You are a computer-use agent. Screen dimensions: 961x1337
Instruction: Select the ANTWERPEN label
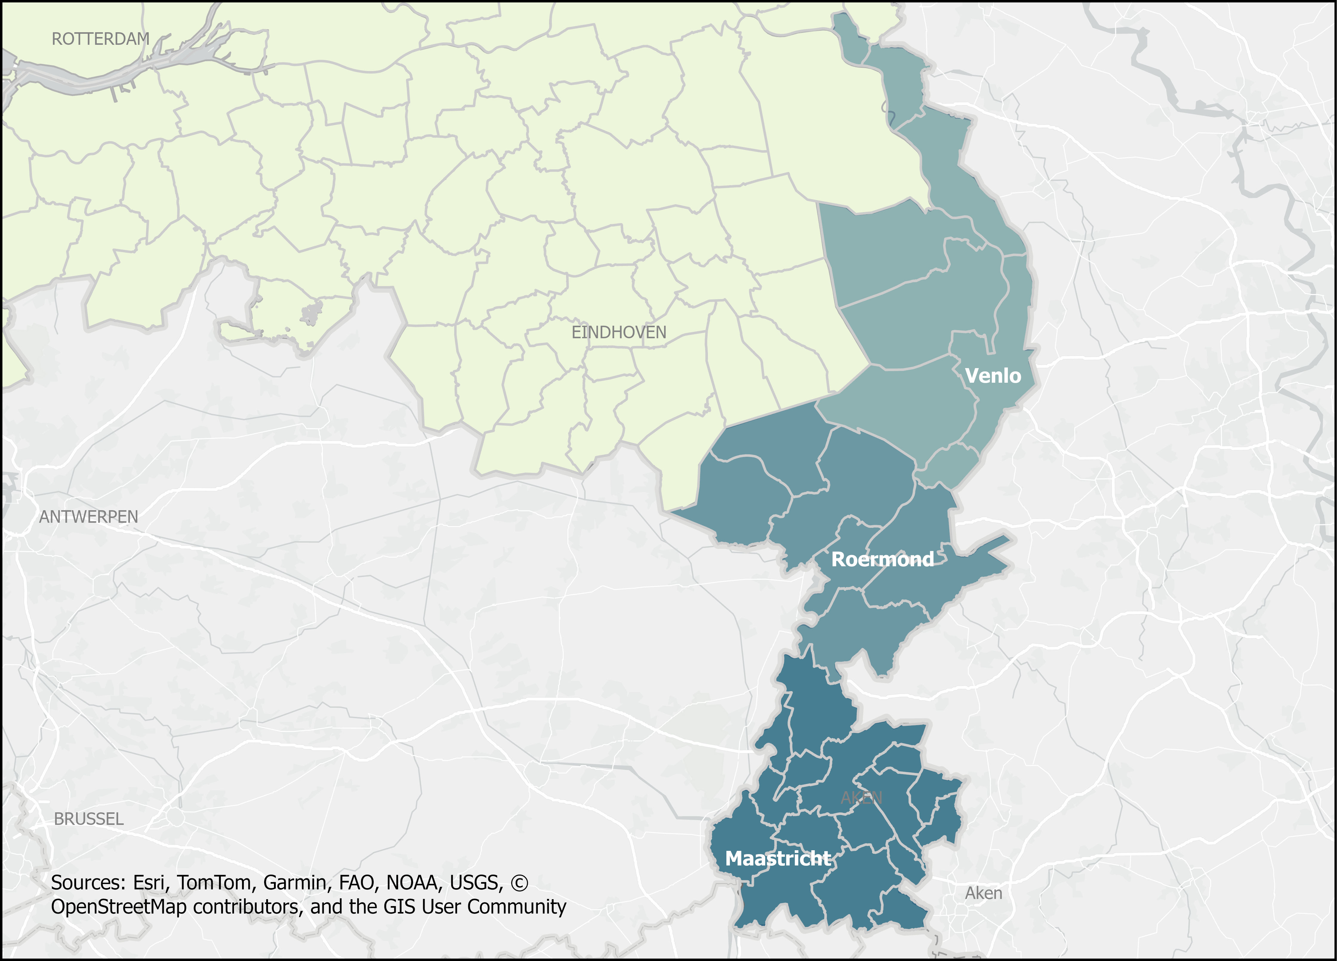[88, 517]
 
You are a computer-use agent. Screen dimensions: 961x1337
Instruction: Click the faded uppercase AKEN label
[861, 798]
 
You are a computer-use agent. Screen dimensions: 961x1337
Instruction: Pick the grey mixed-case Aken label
[983, 893]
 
